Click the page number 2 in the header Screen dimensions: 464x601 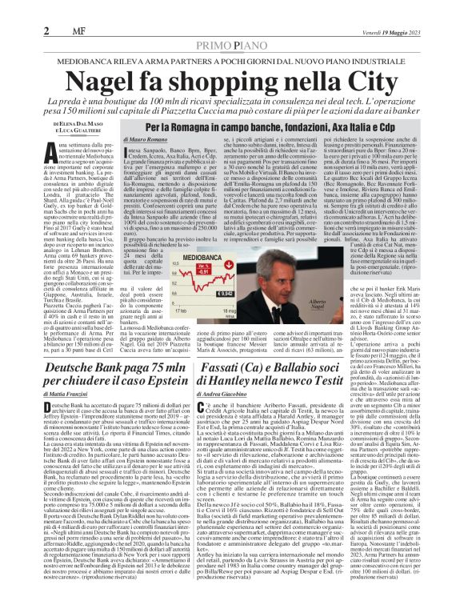coord(12,9)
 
